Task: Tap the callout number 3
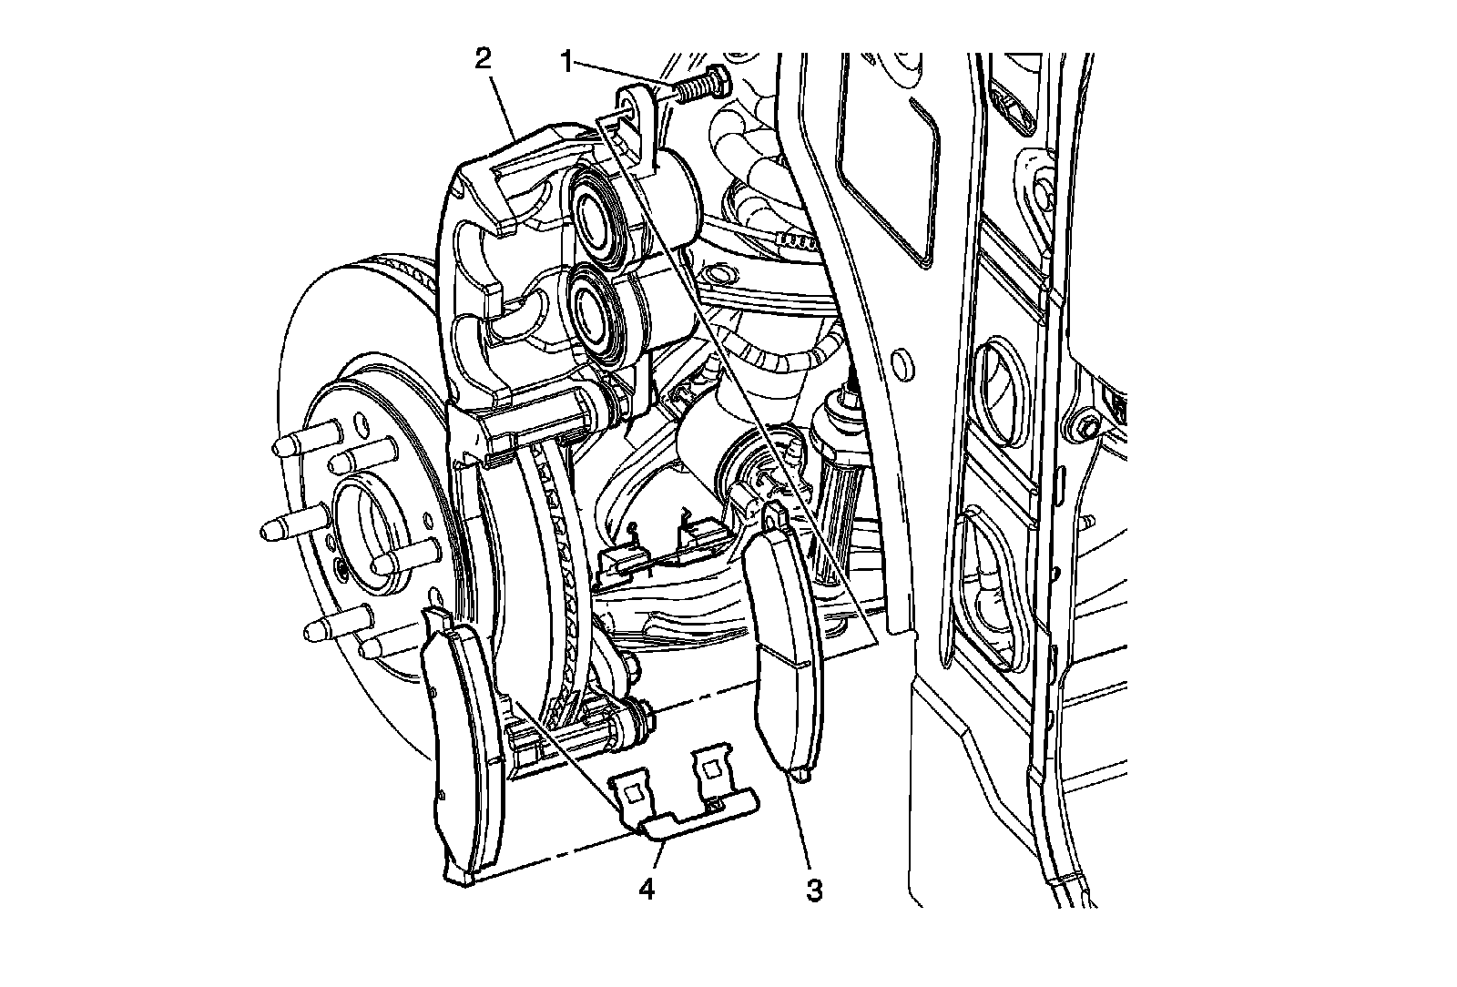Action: pyautogui.click(x=813, y=889)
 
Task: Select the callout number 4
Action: pyautogui.click(x=646, y=888)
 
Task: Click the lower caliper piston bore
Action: pyautogui.click(x=596, y=310)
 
